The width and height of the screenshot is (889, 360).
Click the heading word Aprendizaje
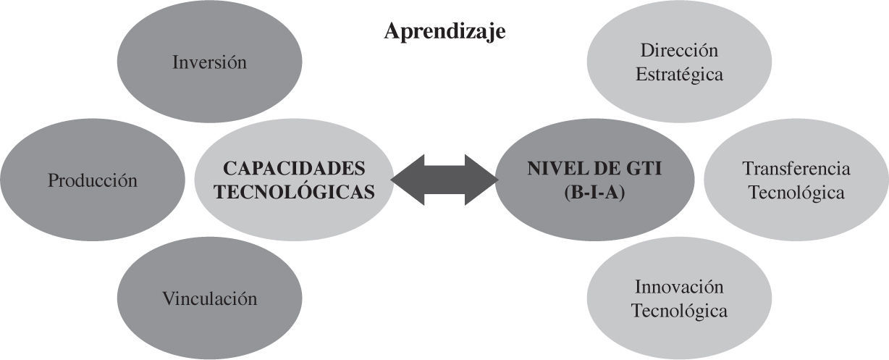pos(444,32)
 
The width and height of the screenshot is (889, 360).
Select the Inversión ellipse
pos(209,62)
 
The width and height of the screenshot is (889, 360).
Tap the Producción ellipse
pos(92,180)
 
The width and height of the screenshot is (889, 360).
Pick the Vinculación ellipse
pos(209,298)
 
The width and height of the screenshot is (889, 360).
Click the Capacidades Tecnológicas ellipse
pos(295,180)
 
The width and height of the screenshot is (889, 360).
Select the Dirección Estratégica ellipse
pos(679,62)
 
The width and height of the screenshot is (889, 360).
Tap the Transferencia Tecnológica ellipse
pos(796,180)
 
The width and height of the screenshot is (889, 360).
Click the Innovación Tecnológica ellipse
pos(679,298)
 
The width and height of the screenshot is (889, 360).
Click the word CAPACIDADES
pos(294,168)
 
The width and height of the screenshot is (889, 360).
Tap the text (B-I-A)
pos(594,193)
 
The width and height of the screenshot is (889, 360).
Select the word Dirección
pos(679,50)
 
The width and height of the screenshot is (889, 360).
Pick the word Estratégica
pos(679,75)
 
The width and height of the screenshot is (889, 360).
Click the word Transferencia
pos(796,168)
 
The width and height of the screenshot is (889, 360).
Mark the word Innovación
pos(679,286)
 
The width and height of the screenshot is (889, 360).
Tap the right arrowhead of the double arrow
pos(482,180)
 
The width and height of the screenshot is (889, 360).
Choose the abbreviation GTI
pos(641,169)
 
